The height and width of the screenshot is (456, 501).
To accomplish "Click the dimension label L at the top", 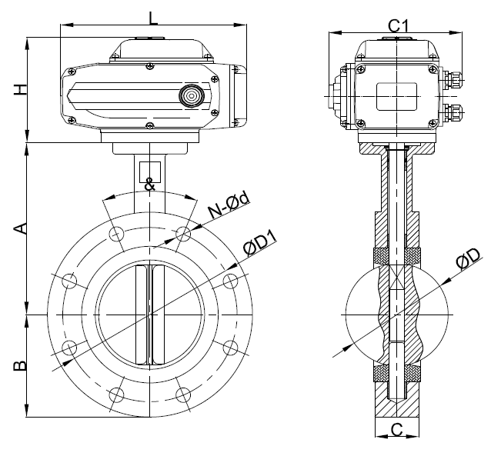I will [154, 16].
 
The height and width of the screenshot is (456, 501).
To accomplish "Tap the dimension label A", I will [22, 228].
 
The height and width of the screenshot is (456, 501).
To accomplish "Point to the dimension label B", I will [22, 365].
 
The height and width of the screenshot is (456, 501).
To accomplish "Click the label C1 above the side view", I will [397, 25].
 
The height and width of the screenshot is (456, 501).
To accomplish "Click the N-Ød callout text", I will [229, 204].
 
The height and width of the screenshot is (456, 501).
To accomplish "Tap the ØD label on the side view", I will [467, 259].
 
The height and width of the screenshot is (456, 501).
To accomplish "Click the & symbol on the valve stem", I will [149, 184].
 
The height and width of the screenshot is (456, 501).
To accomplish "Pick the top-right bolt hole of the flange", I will [183, 234].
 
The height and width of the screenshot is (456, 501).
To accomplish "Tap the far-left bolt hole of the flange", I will [69, 281].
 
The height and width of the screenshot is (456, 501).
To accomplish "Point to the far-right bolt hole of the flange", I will [230, 281].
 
